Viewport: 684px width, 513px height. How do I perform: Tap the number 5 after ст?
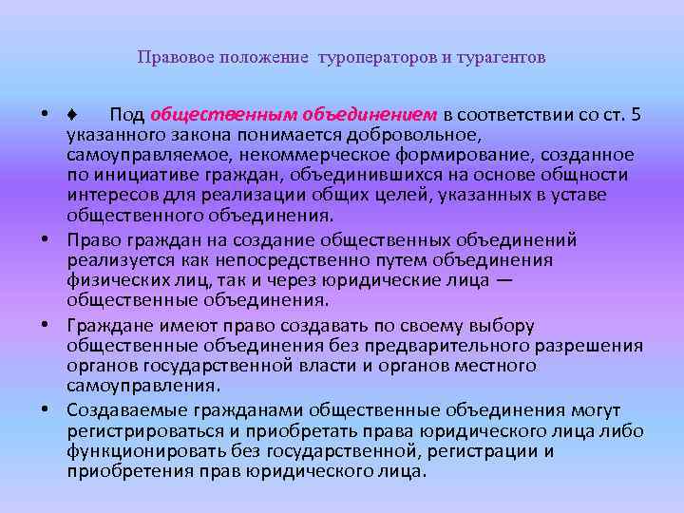[x=636, y=115]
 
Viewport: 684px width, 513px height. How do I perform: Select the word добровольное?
[x=430, y=135]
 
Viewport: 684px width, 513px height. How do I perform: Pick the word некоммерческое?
[x=296, y=155]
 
